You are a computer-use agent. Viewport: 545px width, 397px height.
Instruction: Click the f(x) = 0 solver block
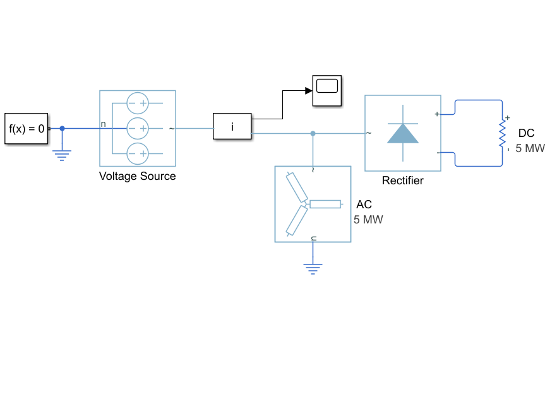(x=26, y=129)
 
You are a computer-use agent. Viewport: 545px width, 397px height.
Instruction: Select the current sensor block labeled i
(x=232, y=126)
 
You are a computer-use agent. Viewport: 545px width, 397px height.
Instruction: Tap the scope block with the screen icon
(x=327, y=91)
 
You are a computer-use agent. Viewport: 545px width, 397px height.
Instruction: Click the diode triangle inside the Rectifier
(x=403, y=133)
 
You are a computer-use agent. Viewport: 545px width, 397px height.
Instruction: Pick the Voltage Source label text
(x=137, y=176)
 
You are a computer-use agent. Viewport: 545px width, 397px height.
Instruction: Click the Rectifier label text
(x=402, y=181)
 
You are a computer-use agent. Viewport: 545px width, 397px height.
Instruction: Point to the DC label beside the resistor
(x=526, y=133)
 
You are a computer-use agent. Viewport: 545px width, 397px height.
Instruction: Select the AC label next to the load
(x=364, y=204)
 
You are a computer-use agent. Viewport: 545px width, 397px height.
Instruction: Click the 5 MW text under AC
(x=368, y=220)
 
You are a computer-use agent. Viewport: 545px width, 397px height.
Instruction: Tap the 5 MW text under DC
(x=530, y=148)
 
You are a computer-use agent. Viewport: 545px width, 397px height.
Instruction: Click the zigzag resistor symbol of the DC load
(x=502, y=134)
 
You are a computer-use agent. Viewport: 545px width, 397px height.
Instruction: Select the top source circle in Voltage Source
(x=138, y=103)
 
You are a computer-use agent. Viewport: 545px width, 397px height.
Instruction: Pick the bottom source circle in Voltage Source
(x=138, y=153)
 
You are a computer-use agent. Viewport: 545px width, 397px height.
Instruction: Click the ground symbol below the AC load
(x=313, y=269)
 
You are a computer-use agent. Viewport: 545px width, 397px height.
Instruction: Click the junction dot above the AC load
(x=313, y=133)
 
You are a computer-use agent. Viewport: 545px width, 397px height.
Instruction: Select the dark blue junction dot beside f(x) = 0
(x=63, y=129)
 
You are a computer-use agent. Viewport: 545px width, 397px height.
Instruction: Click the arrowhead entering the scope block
(x=309, y=91)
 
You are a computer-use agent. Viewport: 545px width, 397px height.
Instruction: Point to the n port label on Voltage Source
(x=103, y=124)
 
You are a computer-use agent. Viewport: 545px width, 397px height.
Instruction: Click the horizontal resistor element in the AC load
(x=325, y=204)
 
